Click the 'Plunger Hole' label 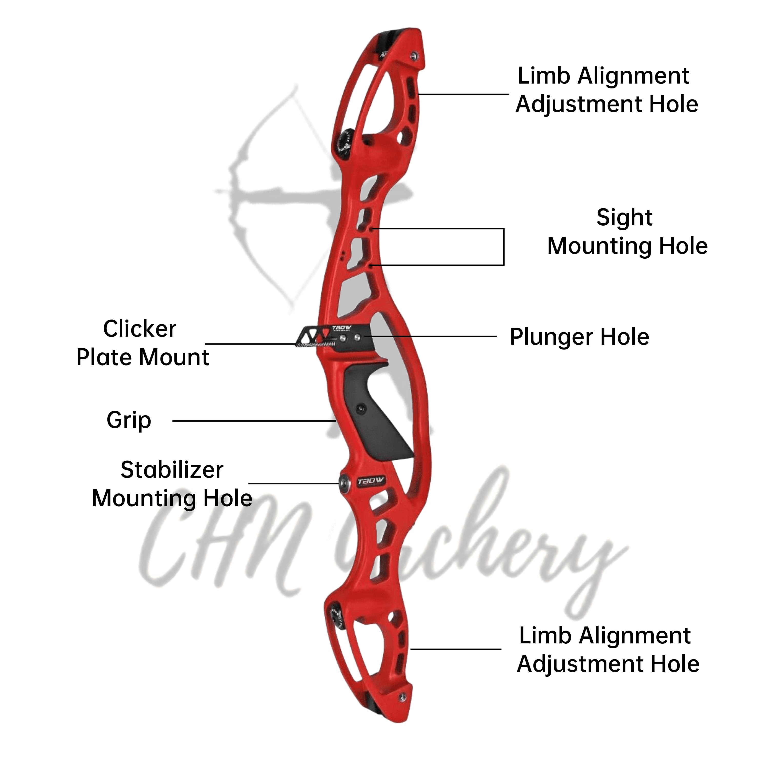(x=579, y=337)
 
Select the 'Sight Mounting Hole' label (x=627, y=232)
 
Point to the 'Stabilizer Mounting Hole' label (x=172, y=484)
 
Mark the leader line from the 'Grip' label (x=255, y=421)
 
